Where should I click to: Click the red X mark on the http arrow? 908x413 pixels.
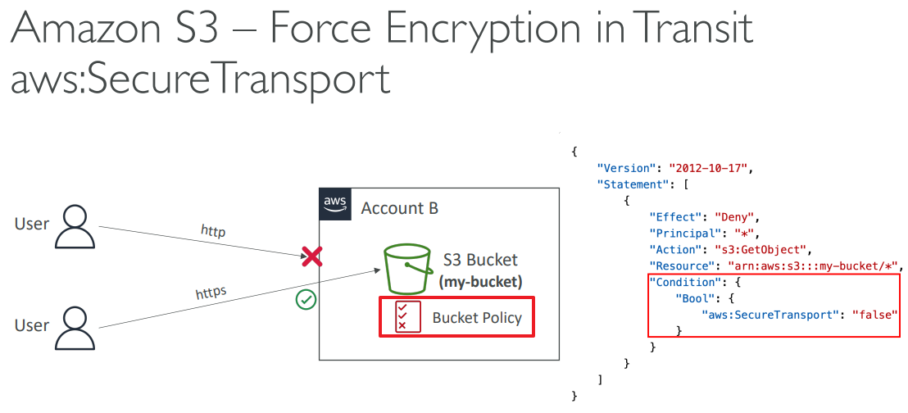point(311,257)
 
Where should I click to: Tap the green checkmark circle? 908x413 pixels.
point(306,300)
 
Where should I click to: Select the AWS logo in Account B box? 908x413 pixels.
point(334,203)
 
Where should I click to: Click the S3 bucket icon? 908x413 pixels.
point(408,269)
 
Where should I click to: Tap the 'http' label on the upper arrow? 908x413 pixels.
point(212,232)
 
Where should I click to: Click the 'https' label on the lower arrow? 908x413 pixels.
point(211,293)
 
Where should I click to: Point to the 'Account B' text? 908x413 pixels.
point(399,208)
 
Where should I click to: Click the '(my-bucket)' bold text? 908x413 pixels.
point(480,283)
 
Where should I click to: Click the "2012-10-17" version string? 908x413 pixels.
point(709,168)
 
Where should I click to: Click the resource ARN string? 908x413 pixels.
point(813,265)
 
